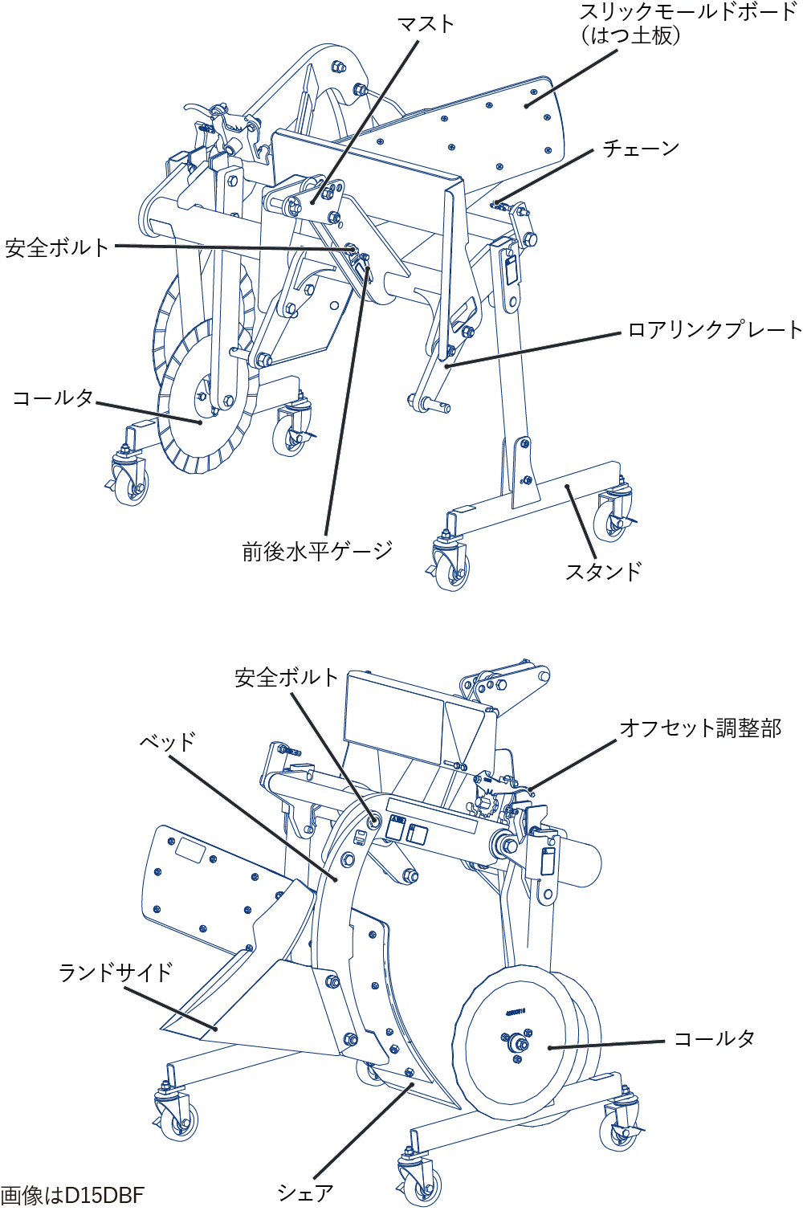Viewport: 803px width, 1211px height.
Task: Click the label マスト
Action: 426,24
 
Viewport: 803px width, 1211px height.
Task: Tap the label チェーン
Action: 642,148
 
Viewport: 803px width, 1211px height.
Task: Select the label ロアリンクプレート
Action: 715,330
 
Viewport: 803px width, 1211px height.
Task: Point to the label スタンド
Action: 604,572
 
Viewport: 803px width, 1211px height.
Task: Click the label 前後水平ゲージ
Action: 317,552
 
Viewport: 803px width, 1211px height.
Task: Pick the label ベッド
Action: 167,742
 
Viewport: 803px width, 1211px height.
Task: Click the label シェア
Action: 305,1192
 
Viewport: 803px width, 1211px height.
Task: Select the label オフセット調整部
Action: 701,728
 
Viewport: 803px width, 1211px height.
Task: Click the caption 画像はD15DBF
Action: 72,1195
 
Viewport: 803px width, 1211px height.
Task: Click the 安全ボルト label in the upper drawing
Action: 57,247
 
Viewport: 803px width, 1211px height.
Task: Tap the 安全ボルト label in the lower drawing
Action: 287,678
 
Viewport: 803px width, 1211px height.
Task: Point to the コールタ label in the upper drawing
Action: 53,398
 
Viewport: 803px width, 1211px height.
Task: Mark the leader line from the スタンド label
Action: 581,522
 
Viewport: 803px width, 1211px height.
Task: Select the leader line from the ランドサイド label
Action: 170,1009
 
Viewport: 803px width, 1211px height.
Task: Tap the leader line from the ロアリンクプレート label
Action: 533,350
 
